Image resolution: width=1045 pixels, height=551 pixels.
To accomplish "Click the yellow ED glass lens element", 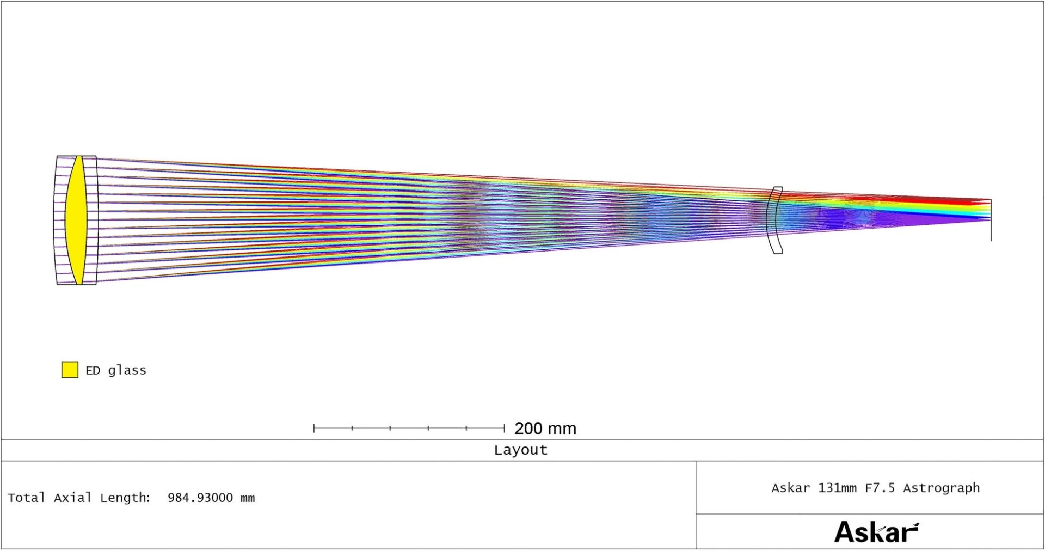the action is tap(76, 220).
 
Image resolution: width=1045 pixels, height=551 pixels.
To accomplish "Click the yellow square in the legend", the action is tap(70, 370).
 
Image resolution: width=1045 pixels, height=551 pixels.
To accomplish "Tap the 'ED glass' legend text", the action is tap(116, 370).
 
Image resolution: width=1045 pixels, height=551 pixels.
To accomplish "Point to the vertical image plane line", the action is tap(991, 220).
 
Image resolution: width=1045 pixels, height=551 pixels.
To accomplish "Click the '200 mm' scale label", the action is tap(545, 428).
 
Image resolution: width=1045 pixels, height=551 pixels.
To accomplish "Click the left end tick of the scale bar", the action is tap(314, 428).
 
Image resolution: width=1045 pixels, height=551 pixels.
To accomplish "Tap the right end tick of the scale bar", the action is tap(505, 428).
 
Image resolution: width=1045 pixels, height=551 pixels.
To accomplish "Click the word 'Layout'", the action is tap(521, 450).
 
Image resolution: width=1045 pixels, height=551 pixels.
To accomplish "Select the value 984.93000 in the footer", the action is tap(200, 498).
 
